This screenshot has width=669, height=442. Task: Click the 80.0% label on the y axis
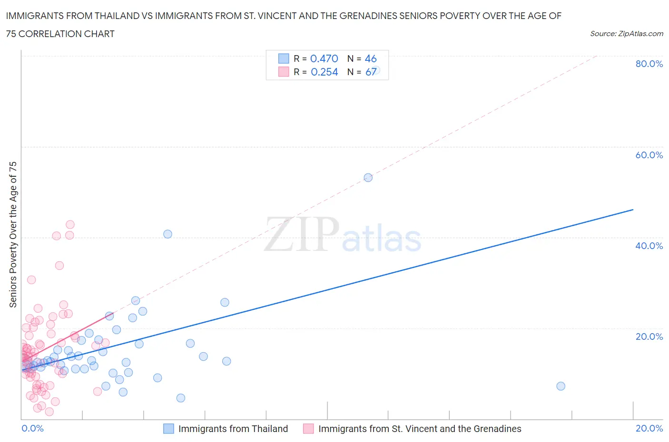click(649, 64)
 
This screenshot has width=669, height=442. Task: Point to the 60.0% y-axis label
click(649, 155)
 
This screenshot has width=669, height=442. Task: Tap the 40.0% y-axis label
click(649, 246)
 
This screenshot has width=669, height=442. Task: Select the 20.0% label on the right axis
click(649, 336)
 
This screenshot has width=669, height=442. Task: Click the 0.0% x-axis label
click(32, 428)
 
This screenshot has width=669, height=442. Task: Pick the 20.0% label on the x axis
click(649, 428)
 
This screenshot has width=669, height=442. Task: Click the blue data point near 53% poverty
click(368, 178)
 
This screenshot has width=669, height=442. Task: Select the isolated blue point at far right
click(561, 386)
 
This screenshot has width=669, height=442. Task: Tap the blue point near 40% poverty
click(167, 234)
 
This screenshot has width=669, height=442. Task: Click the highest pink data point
click(70, 224)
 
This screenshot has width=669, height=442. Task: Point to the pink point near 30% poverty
click(31, 279)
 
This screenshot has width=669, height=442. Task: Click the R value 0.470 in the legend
click(324, 58)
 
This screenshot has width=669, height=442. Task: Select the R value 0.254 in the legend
click(324, 72)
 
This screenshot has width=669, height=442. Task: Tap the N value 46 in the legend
click(371, 58)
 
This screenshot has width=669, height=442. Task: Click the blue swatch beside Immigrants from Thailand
click(168, 429)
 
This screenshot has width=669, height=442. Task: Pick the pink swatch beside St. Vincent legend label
click(308, 429)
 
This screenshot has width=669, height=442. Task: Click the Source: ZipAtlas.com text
click(626, 33)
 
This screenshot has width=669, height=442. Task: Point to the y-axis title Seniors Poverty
click(13, 234)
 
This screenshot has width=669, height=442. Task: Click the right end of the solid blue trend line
click(633, 210)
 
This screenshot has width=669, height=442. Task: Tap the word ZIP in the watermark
click(302, 234)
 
